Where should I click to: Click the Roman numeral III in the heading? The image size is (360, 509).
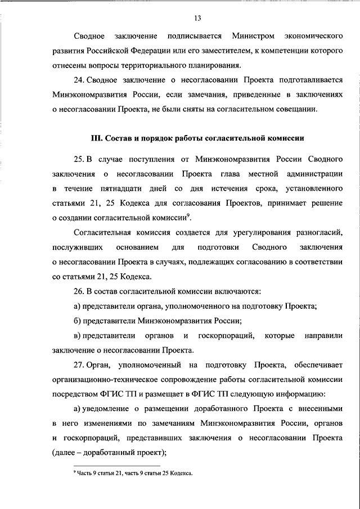coord(97,138)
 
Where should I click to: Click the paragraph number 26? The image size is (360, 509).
coord(80,291)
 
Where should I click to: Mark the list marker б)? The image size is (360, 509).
coord(76,321)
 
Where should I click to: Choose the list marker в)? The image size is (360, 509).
coord(76,335)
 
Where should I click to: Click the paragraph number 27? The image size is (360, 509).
coord(80,364)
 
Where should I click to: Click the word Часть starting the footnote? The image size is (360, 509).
coord(85,474)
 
